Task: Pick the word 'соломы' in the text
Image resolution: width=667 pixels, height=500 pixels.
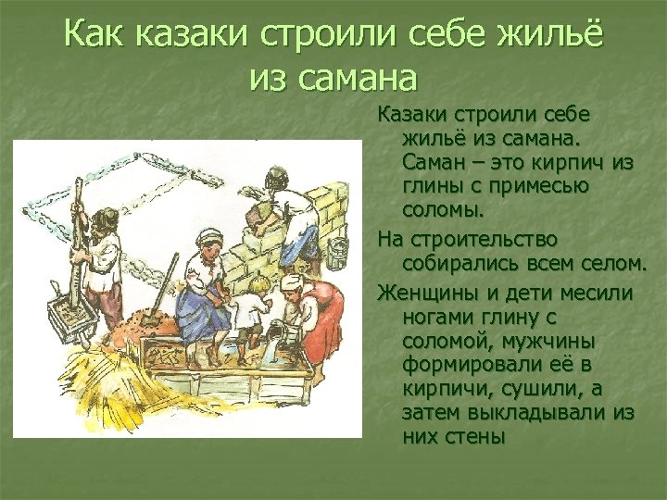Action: pyautogui.click(x=442, y=209)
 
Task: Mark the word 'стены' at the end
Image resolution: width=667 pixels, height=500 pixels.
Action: pyautogui.click(x=475, y=436)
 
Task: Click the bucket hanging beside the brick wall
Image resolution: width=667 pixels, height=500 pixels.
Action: pyautogui.click(x=337, y=252)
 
